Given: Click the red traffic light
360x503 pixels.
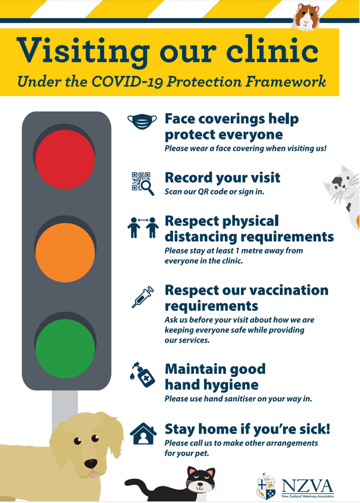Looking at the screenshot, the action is pyautogui.click(x=65, y=159).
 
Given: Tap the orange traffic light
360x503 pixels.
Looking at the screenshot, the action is pyautogui.click(x=65, y=253).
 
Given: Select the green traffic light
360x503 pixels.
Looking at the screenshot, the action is pyautogui.click(x=65, y=348).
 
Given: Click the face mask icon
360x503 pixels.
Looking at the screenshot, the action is pyautogui.click(x=142, y=122).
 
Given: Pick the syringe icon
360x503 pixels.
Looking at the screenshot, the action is pyautogui.click(x=143, y=297).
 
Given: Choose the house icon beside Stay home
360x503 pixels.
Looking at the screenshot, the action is pyautogui.click(x=143, y=434).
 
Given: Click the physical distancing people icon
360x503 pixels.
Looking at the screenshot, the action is pyautogui.click(x=143, y=227).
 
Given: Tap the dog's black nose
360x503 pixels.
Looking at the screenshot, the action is pyautogui.click(x=91, y=464).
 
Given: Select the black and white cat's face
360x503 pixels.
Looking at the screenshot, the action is pyautogui.click(x=200, y=481).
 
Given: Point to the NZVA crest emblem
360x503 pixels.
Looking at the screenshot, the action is pyautogui.click(x=266, y=486).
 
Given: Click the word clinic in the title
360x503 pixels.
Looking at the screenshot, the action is pyautogui.click(x=272, y=51).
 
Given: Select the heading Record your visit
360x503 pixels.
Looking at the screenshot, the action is pyautogui.click(x=223, y=177).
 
